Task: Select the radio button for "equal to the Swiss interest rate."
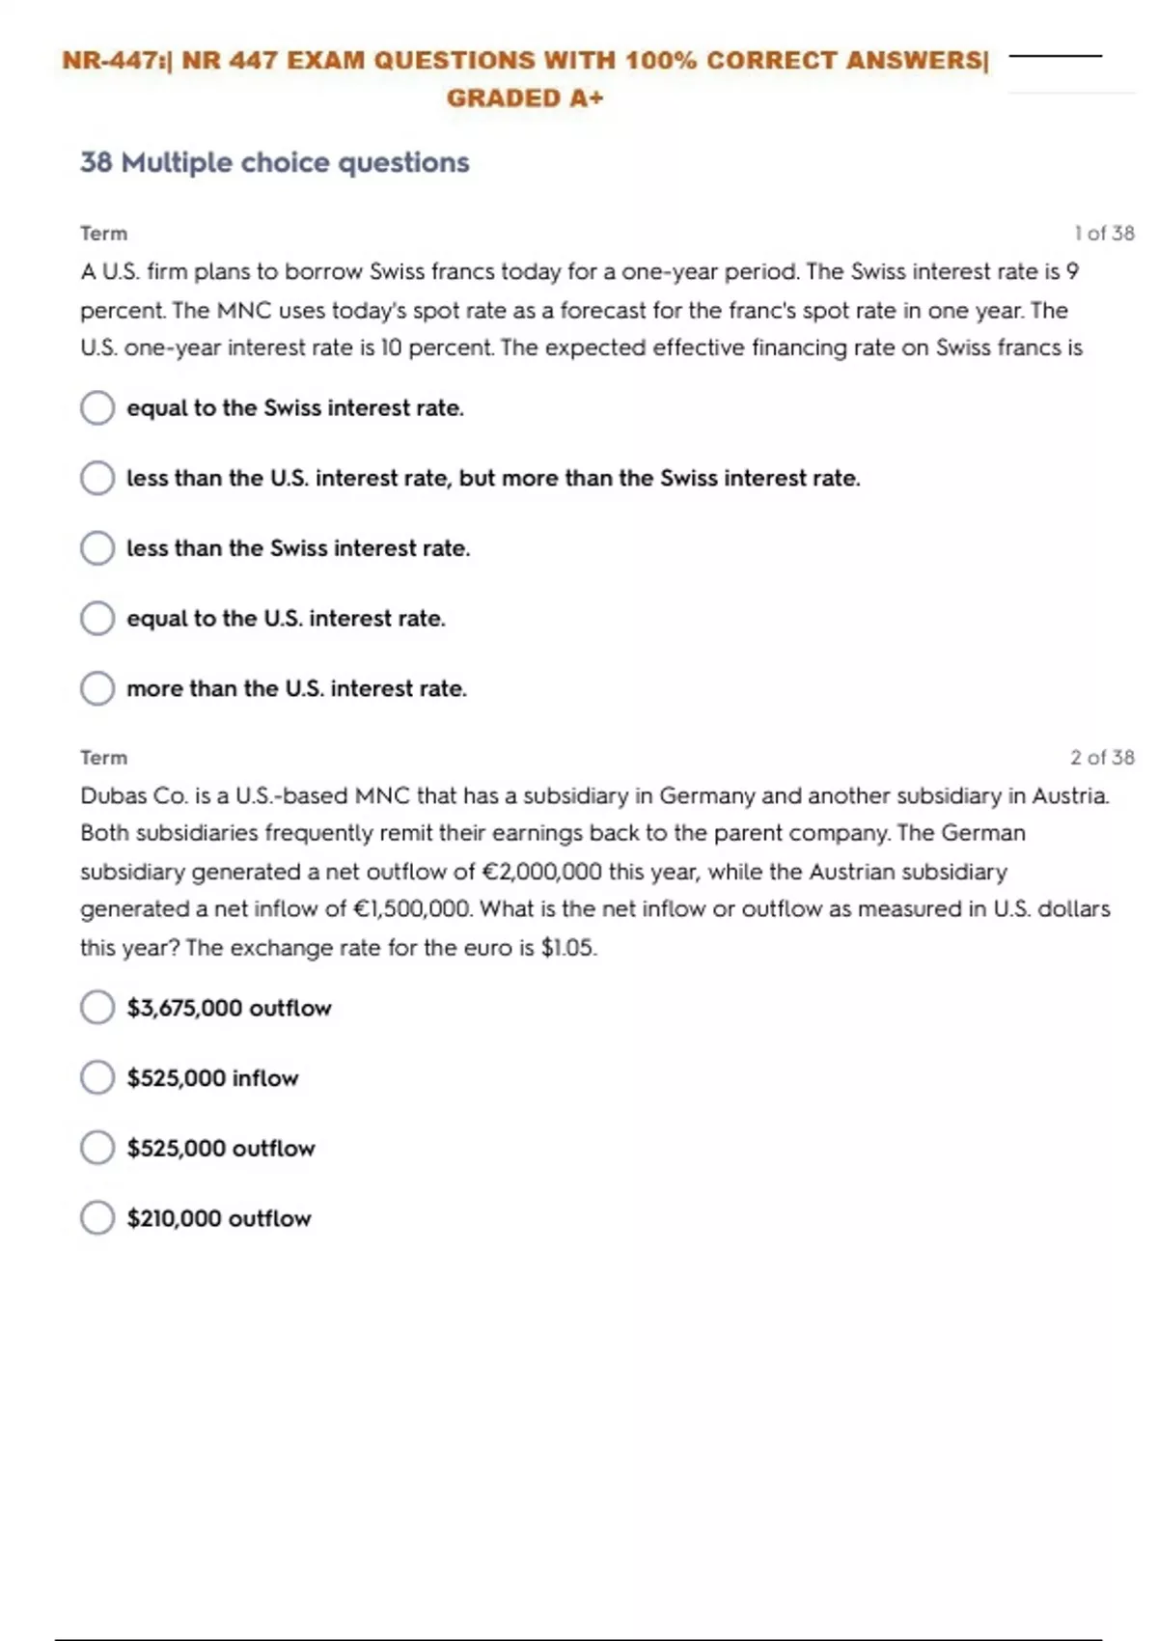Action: click(x=97, y=407)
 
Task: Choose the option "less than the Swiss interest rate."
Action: click(x=298, y=548)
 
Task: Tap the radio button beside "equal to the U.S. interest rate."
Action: click(x=97, y=618)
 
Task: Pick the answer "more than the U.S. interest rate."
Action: click(x=296, y=688)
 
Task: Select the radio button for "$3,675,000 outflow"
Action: click(x=97, y=1007)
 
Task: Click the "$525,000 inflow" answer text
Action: click(x=212, y=1077)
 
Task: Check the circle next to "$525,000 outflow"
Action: click(x=97, y=1148)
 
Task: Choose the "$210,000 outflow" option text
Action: click(x=219, y=1218)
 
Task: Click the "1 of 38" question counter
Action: click(x=1104, y=233)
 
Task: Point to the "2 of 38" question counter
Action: click(x=1102, y=757)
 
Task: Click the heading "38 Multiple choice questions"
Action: click(x=275, y=162)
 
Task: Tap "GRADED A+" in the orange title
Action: click(x=525, y=97)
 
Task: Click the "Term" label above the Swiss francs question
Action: click(x=103, y=233)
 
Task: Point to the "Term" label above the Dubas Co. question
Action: click(x=103, y=757)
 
